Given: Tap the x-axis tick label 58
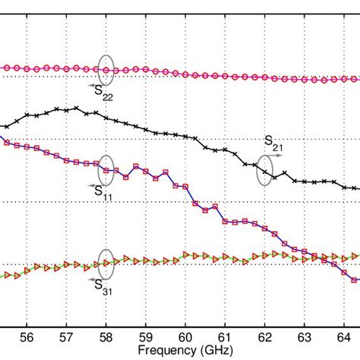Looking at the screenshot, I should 106,333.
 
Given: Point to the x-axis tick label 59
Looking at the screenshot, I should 145,333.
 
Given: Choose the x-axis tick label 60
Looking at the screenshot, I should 185,333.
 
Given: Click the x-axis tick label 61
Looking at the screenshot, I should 225,333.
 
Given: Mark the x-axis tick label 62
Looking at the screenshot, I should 264,333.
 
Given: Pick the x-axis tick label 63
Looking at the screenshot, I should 304,333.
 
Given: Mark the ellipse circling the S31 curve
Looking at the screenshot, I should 106,262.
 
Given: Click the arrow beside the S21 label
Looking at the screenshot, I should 277,155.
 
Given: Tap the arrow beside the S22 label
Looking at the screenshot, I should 91,87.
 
